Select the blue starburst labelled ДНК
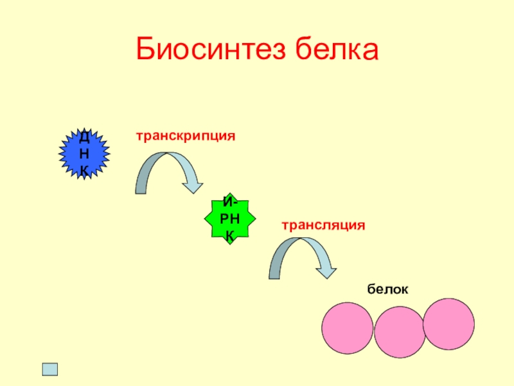84,153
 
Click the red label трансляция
323,225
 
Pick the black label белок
388,290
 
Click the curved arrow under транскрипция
167,164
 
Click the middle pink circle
400,332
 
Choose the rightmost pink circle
448,324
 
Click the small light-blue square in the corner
49,369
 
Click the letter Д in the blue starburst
84,137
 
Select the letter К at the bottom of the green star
230,236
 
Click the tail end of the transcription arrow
141,188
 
